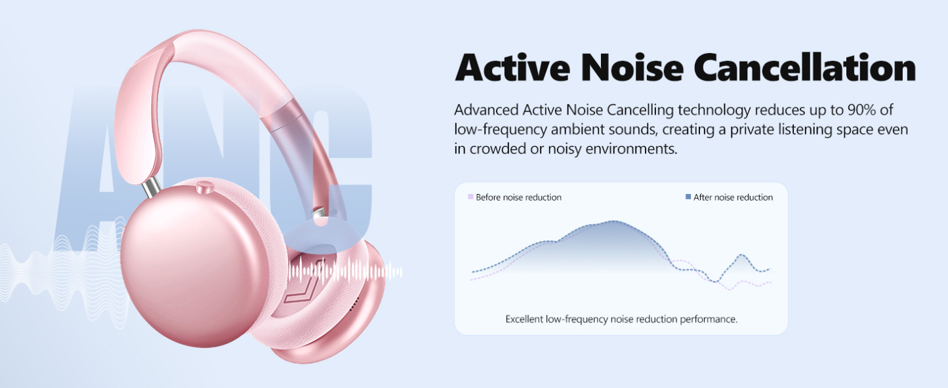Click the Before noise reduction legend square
[470, 197]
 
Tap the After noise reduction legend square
[688, 197]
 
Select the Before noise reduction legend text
[518, 197]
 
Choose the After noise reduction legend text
[733, 197]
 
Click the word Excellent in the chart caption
[524, 319]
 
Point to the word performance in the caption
[711, 319]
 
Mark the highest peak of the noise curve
[613, 222]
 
